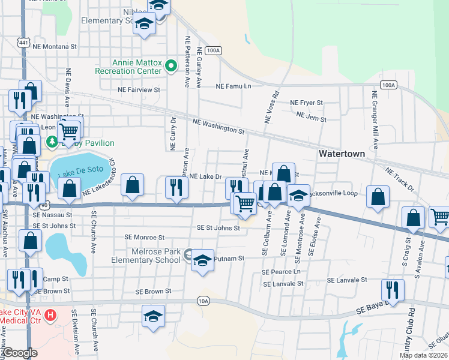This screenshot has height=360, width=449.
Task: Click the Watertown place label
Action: click(341, 154)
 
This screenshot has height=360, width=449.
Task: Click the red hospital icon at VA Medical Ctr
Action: click(50, 314)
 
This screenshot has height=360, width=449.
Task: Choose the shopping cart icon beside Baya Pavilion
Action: click(70, 130)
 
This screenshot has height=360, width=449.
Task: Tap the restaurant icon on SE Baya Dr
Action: click(393, 290)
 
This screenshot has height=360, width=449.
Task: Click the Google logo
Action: click(20, 353)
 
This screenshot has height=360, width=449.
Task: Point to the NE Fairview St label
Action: click(139, 89)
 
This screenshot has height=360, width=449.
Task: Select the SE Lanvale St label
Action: click(346, 280)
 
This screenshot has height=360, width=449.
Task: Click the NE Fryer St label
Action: click(306, 103)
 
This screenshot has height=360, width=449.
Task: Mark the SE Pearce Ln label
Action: click(280, 272)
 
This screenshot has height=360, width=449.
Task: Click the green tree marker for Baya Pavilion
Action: click(52, 142)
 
